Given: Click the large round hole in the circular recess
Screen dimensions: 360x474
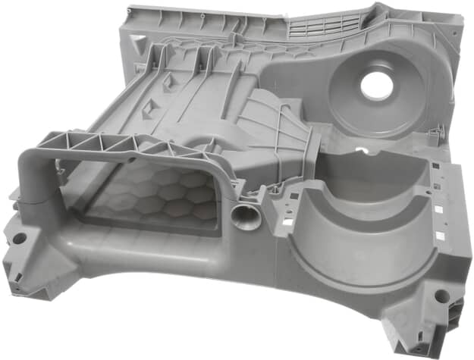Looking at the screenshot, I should pyautogui.click(x=377, y=85).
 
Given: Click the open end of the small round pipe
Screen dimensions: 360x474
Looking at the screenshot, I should pyautogui.click(x=246, y=218).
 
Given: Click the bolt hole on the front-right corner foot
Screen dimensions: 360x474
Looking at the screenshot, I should pyautogui.click(x=441, y=296).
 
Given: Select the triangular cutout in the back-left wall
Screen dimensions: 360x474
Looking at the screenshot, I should pyautogui.click(x=137, y=42).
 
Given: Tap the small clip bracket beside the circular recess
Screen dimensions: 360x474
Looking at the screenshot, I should pyautogui.click(x=434, y=136).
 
